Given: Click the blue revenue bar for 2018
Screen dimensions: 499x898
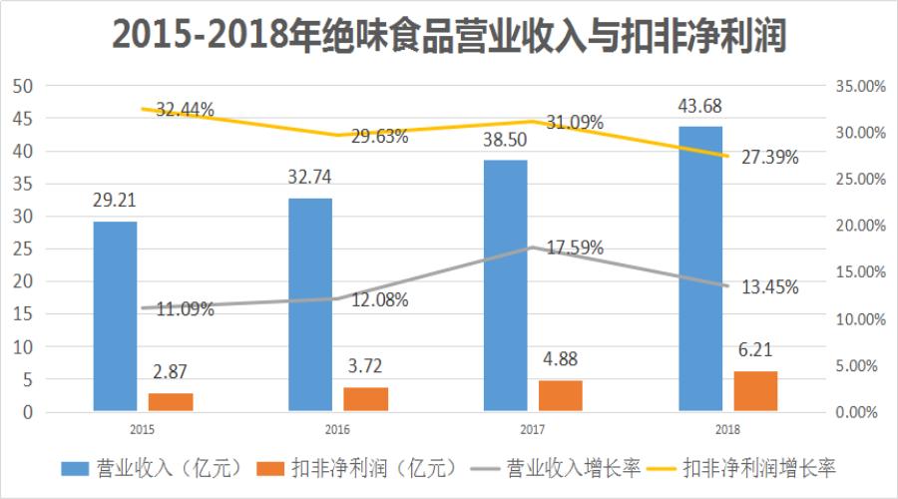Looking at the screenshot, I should (700, 267).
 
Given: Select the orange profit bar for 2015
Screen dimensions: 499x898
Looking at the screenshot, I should (171, 401).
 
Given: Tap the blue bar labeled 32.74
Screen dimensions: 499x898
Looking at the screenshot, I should (310, 303).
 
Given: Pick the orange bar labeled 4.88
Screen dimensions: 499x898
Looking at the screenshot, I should (561, 395).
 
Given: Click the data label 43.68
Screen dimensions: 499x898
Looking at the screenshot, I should (700, 106).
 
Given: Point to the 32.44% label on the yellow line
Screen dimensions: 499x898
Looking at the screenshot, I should (185, 111).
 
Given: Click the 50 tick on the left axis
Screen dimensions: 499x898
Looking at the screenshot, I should (23, 86).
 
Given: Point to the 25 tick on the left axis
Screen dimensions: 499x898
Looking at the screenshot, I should (23, 249).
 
